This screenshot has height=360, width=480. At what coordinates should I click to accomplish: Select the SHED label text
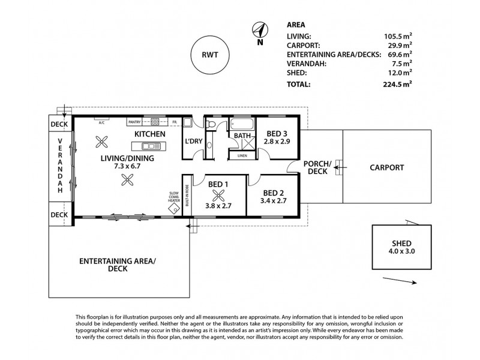pyautogui.click(x=401, y=244)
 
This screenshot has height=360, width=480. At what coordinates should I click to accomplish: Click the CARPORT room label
pyautogui.click(x=386, y=168)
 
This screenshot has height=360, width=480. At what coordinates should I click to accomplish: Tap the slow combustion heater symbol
pyautogui.click(x=174, y=208)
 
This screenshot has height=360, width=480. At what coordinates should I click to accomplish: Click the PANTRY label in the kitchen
pyautogui.click(x=134, y=122)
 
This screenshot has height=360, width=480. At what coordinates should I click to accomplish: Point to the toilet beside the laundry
pyautogui.click(x=210, y=124)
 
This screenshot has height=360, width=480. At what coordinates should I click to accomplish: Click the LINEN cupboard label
pyautogui.click(x=242, y=155)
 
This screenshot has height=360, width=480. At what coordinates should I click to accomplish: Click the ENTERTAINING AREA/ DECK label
pyautogui.click(x=118, y=265)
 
